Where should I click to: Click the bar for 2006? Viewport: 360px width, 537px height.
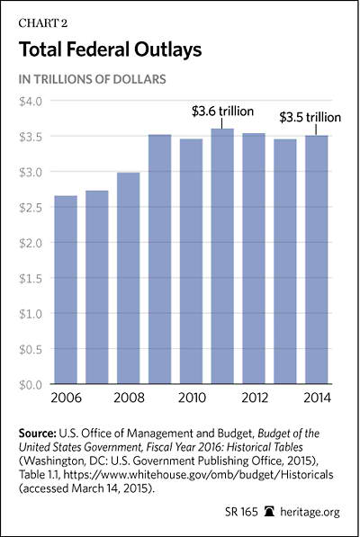(x=66, y=290)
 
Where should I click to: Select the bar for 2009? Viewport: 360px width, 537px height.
(x=160, y=259)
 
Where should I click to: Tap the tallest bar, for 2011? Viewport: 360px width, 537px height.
(x=222, y=256)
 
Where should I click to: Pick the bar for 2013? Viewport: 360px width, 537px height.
(x=285, y=262)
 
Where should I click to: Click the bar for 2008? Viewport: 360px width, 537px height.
(x=129, y=278)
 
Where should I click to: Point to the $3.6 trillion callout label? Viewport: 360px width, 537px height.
(x=222, y=112)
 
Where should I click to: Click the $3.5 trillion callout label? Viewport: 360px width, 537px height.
(x=310, y=118)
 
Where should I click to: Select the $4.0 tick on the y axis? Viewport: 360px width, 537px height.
(x=31, y=102)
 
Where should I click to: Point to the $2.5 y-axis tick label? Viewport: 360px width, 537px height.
(x=31, y=208)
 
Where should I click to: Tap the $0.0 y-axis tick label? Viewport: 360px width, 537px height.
(x=31, y=385)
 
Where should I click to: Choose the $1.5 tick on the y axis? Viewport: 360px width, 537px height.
(x=31, y=279)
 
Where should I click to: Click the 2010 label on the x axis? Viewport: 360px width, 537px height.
(x=193, y=398)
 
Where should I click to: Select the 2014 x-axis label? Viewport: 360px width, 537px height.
(x=318, y=398)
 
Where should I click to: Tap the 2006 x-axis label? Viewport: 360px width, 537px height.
(x=66, y=398)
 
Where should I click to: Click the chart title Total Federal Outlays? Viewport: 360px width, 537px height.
(x=111, y=49)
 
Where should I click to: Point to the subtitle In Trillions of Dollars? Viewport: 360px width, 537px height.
(x=93, y=79)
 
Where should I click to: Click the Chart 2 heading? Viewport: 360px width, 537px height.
(x=43, y=23)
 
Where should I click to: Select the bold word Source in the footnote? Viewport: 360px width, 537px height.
(x=38, y=434)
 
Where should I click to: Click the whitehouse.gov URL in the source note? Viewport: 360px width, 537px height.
(x=198, y=475)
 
